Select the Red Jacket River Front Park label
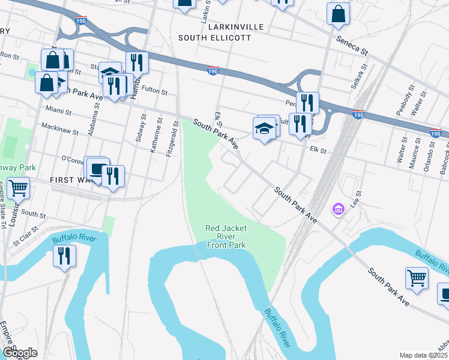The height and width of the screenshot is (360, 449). [x=226, y=236]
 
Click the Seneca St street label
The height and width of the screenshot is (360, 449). [x=351, y=44]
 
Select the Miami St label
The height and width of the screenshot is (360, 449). [x=58, y=112]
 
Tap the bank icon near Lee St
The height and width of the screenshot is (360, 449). [x=339, y=209]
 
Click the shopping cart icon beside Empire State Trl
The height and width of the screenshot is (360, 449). [x=18, y=188]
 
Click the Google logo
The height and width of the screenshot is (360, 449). [x=19, y=352]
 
